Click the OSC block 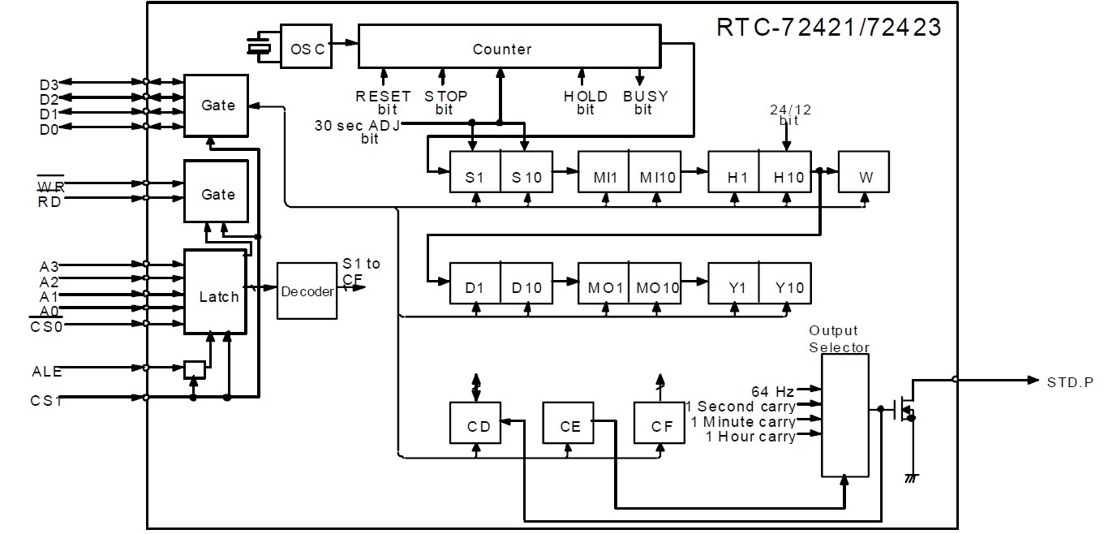pos(307,49)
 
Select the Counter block pos(509,48)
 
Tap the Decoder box pos(307,291)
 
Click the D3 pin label pos(48,82)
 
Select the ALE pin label pos(46,372)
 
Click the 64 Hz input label pos(770,390)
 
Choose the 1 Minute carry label pos(742,421)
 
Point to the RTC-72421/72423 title pos(828,27)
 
